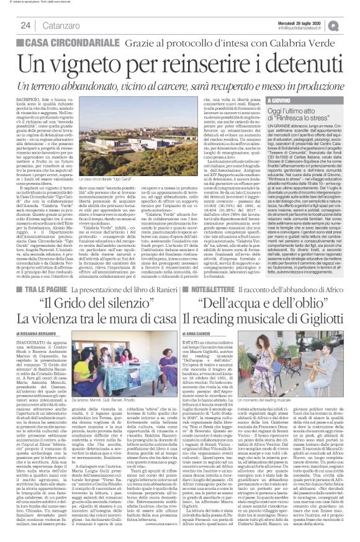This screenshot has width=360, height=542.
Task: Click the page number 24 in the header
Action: [x=25, y=25]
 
